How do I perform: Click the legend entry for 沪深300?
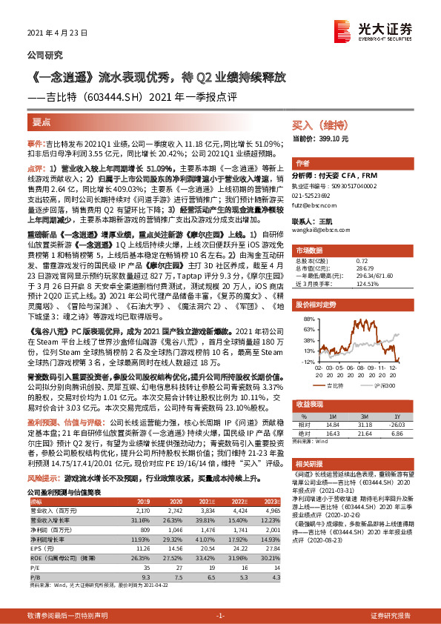pyautogui.click(x=377, y=386)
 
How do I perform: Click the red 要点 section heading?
pyautogui.click(x=42, y=118)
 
